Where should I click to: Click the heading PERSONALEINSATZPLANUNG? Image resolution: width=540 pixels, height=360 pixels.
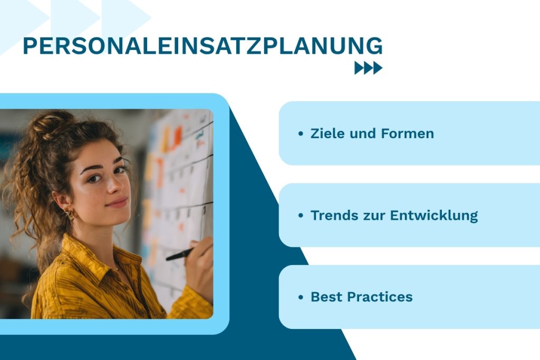tap(202, 46)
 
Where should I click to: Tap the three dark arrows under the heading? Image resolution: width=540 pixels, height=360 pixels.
tap(368, 68)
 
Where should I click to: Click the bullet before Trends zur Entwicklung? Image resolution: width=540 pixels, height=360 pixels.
tap(301, 216)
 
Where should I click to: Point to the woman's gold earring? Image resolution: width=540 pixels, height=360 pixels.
tap(69, 214)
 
